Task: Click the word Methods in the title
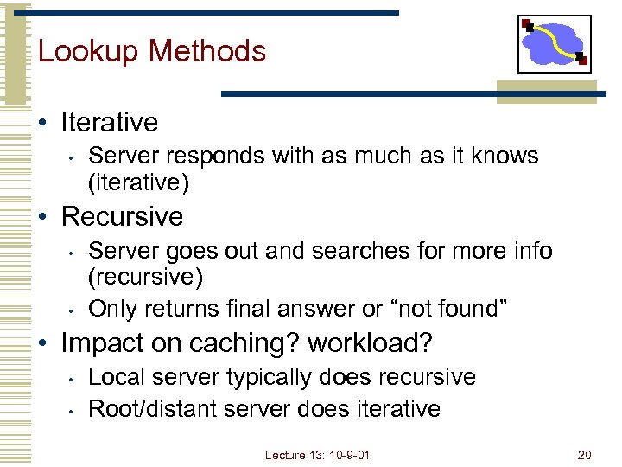207,52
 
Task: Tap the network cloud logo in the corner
555,44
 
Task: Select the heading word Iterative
110,122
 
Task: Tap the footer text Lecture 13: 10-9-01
317,455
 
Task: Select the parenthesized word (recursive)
146,278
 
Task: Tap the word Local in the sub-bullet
114,377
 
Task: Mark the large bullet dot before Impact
43,343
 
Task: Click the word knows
509,157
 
